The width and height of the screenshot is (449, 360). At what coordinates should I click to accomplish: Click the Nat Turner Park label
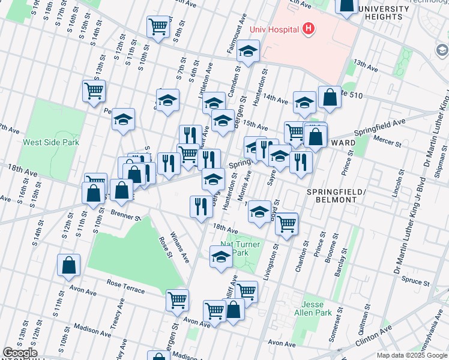240,248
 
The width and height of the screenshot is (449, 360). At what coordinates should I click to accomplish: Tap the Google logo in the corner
19,353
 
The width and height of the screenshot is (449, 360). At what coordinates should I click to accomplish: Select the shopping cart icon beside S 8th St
158,26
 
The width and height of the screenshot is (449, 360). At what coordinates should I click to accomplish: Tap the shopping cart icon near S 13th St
94,91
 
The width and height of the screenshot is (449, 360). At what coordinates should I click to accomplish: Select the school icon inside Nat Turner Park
221,256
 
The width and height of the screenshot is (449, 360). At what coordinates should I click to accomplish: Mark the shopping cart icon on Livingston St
287,223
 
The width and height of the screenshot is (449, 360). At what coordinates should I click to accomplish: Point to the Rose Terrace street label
126,287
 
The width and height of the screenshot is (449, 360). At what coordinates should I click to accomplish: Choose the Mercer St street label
388,143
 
